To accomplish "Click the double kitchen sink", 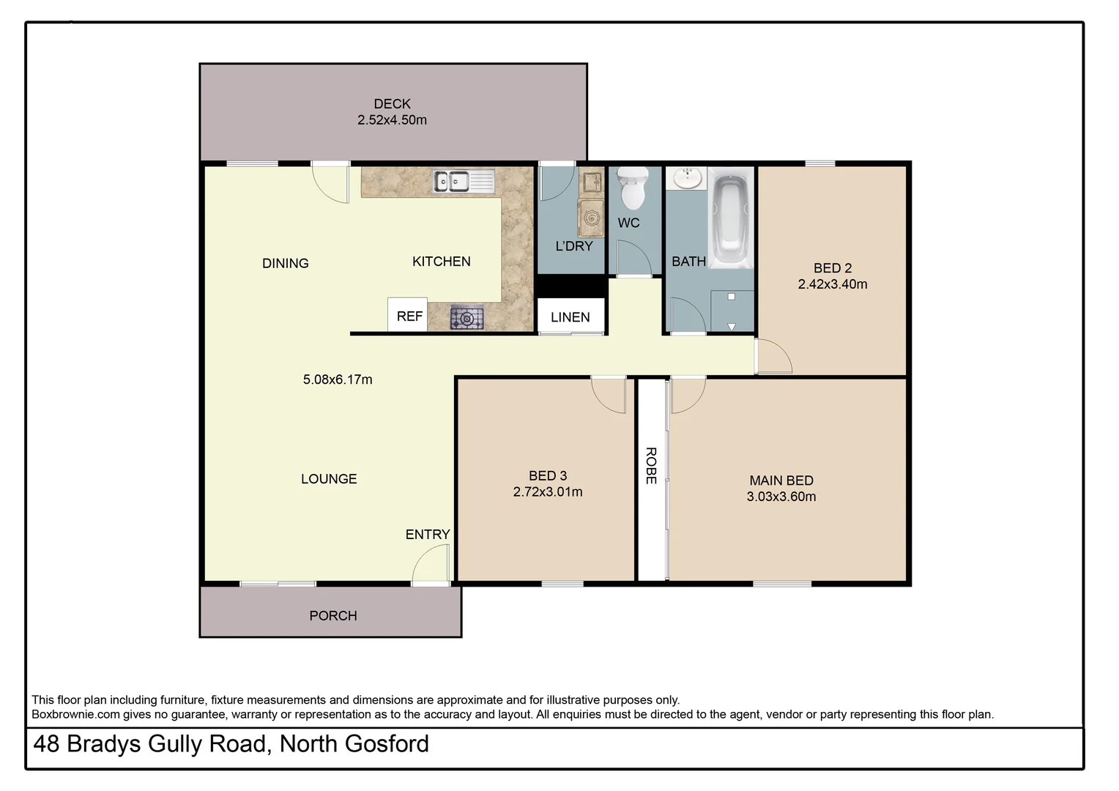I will click(452, 181).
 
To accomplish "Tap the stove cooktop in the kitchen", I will click(466, 317).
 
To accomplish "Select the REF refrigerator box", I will click(409, 316).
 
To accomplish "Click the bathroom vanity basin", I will click(687, 178).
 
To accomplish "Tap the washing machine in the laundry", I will click(590, 218).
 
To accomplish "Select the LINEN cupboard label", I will click(570, 317).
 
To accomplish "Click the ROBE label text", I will click(650, 466).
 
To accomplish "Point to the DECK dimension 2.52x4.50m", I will click(392, 120).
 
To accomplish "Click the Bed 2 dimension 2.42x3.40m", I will click(833, 284).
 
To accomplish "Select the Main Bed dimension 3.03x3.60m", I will click(781, 497).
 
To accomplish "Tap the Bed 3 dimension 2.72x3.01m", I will click(548, 492).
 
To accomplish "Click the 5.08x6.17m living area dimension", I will click(338, 379).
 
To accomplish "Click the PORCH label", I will click(333, 616).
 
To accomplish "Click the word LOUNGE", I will click(329, 479).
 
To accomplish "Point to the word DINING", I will click(286, 264).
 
